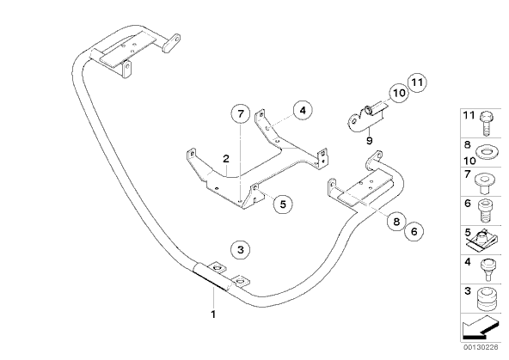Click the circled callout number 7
[241, 113]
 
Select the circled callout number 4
[303, 111]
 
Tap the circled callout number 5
[283, 204]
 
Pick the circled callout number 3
[240, 250]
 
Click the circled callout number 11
[417, 82]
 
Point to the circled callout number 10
[399, 93]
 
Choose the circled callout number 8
[396, 222]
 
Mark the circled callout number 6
[414, 232]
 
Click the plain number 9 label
[369, 141]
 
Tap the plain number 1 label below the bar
[213, 314]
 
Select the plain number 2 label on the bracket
[226, 159]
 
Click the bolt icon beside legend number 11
[486, 124]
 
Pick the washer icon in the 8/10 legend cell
[486, 151]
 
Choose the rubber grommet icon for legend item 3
[487, 299]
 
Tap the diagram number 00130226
[481, 347]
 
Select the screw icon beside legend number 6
[485, 211]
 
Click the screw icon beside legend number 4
[487, 269]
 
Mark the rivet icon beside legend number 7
[485, 184]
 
